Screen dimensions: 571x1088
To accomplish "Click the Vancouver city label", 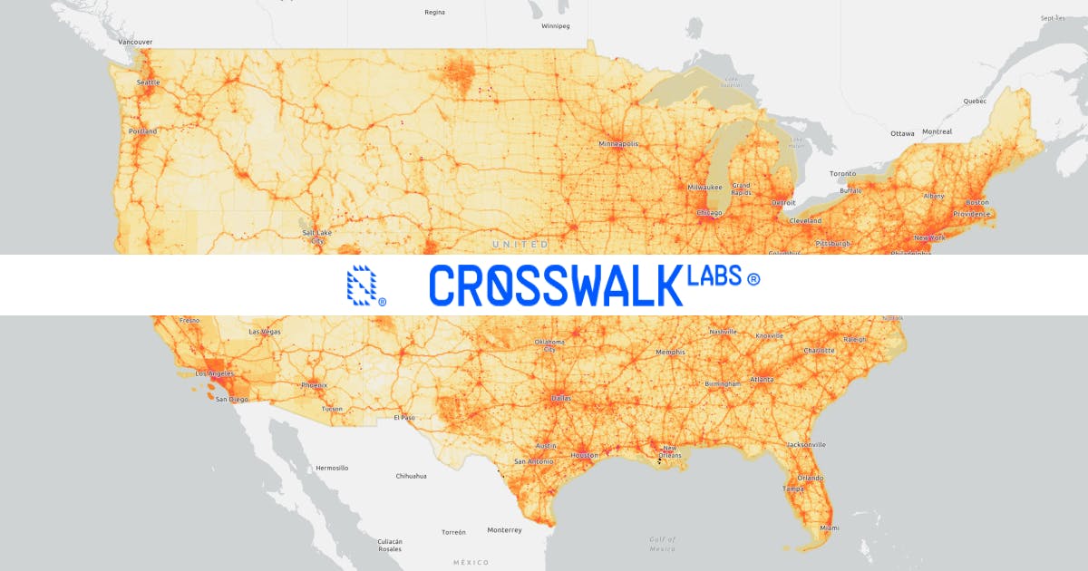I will tap(136, 42).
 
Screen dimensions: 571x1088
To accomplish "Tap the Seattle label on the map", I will tap(148, 82).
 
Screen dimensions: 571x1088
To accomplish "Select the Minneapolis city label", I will tap(618, 144).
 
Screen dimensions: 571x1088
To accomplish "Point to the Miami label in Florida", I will tap(829, 527).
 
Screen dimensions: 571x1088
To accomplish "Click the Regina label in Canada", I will tap(434, 13).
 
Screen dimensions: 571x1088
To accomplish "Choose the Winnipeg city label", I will tap(555, 26).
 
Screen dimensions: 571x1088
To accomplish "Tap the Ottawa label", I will tap(902, 133).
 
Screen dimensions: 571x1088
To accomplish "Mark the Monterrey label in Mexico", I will tap(504, 530).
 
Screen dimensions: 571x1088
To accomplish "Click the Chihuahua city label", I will tap(412, 476).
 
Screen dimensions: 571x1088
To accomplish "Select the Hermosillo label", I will tap(331, 468).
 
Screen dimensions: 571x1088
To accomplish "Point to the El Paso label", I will tap(403, 418).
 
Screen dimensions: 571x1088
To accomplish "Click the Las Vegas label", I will tap(265, 332).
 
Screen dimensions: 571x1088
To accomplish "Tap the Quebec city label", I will tap(975, 102).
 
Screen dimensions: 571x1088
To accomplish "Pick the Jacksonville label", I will tap(806, 445).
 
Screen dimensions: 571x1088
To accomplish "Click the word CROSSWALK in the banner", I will tap(555, 285).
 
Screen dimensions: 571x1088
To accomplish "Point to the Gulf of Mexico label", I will tap(663, 544).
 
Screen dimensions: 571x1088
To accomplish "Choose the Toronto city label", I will tap(842, 173).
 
